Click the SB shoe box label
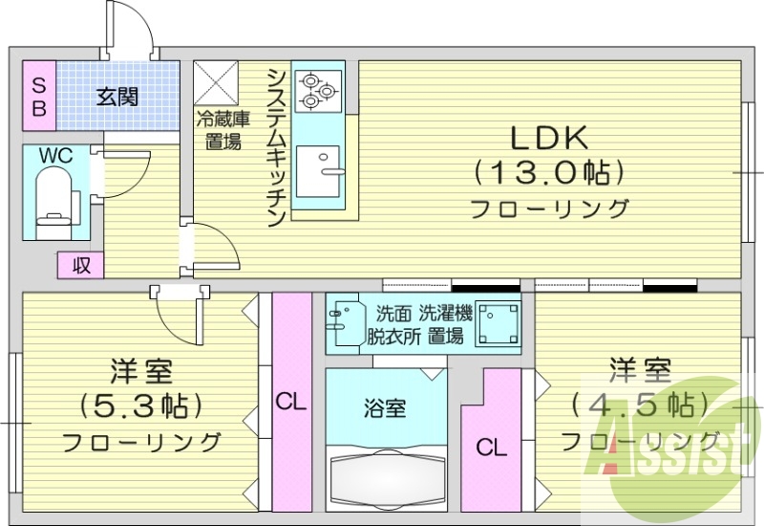click(x=39, y=96)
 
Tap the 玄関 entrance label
click(x=118, y=96)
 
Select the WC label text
click(x=53, y=155)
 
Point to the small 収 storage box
click(x=81, y=265)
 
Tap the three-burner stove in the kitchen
click(x=316, y=92)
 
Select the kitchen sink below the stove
click(x=318, y=172)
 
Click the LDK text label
click(x=547, y=139)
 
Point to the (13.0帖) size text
click(x=549, y=172)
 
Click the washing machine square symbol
click(x=498, y=323)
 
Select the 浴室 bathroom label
click(x=385, y=408)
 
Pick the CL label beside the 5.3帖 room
click(x=291, y=402)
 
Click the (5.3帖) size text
click(x=142, y=405)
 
